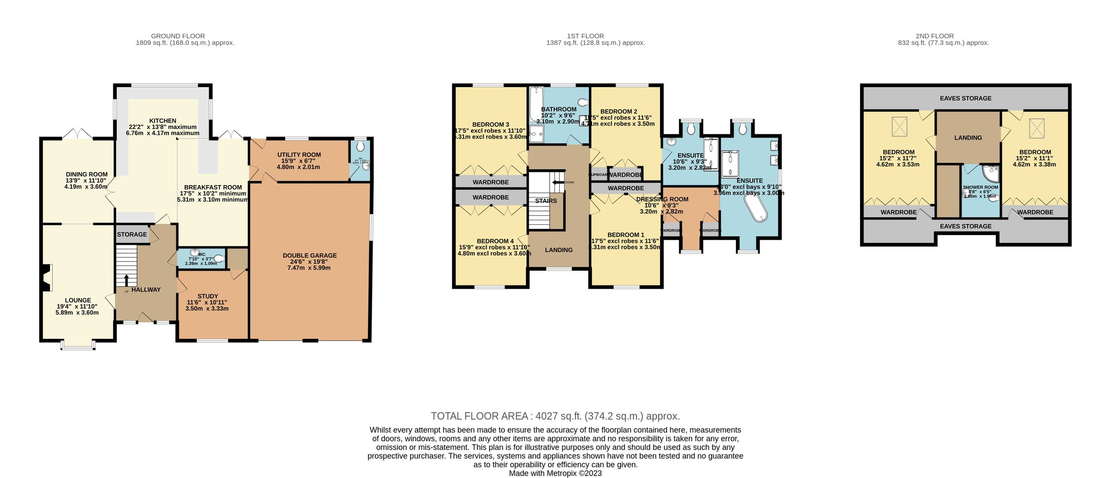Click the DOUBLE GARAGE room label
pyautogui.click(x=310, y=255)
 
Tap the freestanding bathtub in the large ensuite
pyautogui.click(x=755, y=207)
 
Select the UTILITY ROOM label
pyautogui.click(x=299, y=155)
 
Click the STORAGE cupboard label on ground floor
pyautogui.click(x=132, y=235)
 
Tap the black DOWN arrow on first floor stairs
pyautogui.click(x=556, y=182)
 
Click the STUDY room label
pyautogui.click(x=208, y=296)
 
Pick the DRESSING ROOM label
pyautogui.click(x=662, y=199)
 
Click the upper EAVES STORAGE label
pyautogui.click(x=966, y=98)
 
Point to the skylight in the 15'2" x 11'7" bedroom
pyautogui.click(x=899, y=127)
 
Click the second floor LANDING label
pyautogui.click(x=968, y=137)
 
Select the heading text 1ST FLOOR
pyautogui.click(x=585, y=36)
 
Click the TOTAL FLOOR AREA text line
pyautogui.click(x=555, y=416)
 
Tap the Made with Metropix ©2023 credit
pyautogui.click(x=555, y=473)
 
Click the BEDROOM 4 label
pyautogui.click(x=495, y=241)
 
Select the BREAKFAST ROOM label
pyautogui.click(x=213, y=187)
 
